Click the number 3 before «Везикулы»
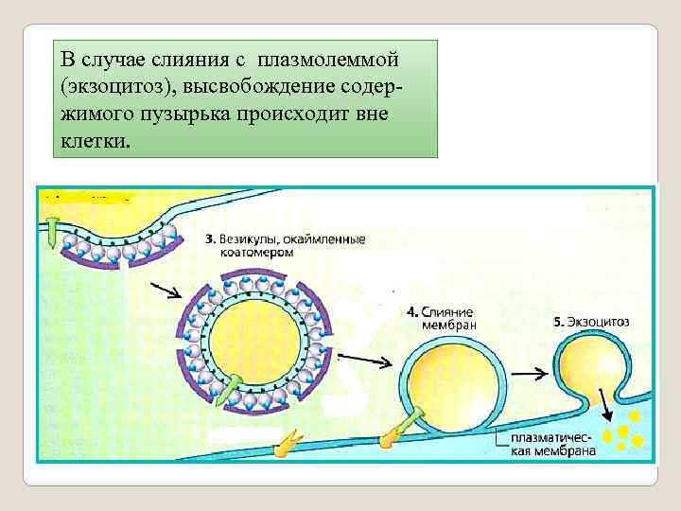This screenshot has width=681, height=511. pyautogui.click(x=207, y=239)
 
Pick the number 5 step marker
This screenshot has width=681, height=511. pyautogui.click(x=558, y=322)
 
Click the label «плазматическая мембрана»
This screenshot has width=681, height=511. pyautogui.click(x=551, y=445)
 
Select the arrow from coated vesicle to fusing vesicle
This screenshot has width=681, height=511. pyautogui.click(x=359, y=359)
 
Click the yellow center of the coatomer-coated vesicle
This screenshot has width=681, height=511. pyautogui.click(x=255, y=341)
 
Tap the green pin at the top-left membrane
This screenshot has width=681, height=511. pyautogui.click(x=49, y=231)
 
